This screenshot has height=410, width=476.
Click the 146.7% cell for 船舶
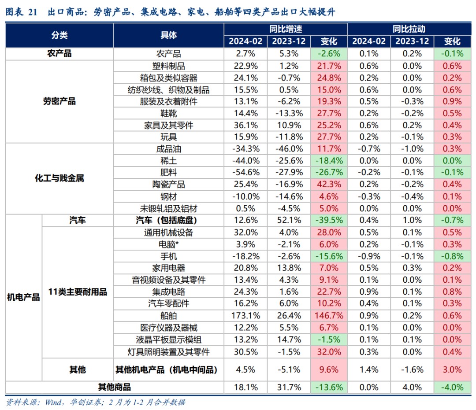(329, 316)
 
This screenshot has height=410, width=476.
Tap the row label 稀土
(169, 161)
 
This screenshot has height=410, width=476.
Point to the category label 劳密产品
(59, 101)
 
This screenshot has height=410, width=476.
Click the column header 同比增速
(285, 29)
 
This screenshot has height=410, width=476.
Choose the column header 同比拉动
(409, 29)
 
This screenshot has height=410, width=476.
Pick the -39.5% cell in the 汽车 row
(329, 220)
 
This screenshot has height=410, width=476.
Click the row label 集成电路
(169, 292)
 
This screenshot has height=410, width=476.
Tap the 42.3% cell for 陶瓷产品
(329, 185)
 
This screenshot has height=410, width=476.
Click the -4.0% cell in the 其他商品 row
(452, 388)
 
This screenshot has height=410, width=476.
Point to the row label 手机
(169, 256)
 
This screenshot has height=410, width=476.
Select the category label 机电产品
(23, 298)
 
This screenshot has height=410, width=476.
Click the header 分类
(59, 35)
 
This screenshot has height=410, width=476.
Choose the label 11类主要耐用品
(78, 292)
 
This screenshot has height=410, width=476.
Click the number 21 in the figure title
(33, 12)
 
